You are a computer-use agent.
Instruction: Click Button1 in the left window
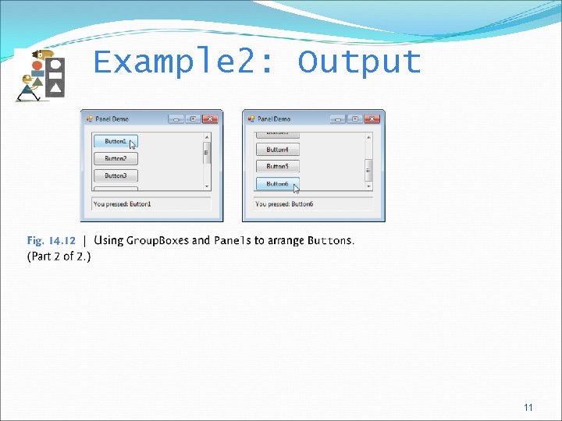(x=115, y=141)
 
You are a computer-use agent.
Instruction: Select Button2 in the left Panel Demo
(x=115, y=158)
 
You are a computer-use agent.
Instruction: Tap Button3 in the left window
(x=115, y=175)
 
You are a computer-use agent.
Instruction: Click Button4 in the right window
(x=277, y=150)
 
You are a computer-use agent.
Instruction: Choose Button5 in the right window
(x=277, y=166)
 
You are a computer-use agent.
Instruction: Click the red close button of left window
(x=210, y=119)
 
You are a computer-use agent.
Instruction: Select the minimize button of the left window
(x=176, y=119)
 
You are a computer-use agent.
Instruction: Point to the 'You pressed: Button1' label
(x=123, y=204)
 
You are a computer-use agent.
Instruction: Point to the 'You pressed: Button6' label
(x=284, y=204)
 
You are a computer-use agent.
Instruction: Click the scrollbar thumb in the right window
(x=368, y=169)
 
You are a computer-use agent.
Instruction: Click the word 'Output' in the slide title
(x=359, y=62)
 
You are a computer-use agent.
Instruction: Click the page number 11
(x=528, y=408)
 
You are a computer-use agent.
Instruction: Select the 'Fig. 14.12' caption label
(x=52, y=240)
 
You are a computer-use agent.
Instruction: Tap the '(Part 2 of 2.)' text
(x=59, y=256)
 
